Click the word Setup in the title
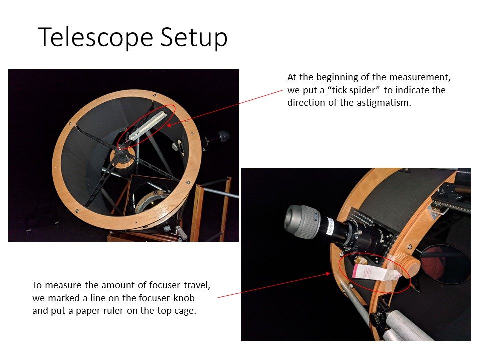194,37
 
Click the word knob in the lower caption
184,298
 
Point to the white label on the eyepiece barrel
331,226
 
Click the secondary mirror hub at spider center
123,154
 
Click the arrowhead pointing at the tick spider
169,125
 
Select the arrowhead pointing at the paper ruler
328,273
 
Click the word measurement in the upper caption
420,77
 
